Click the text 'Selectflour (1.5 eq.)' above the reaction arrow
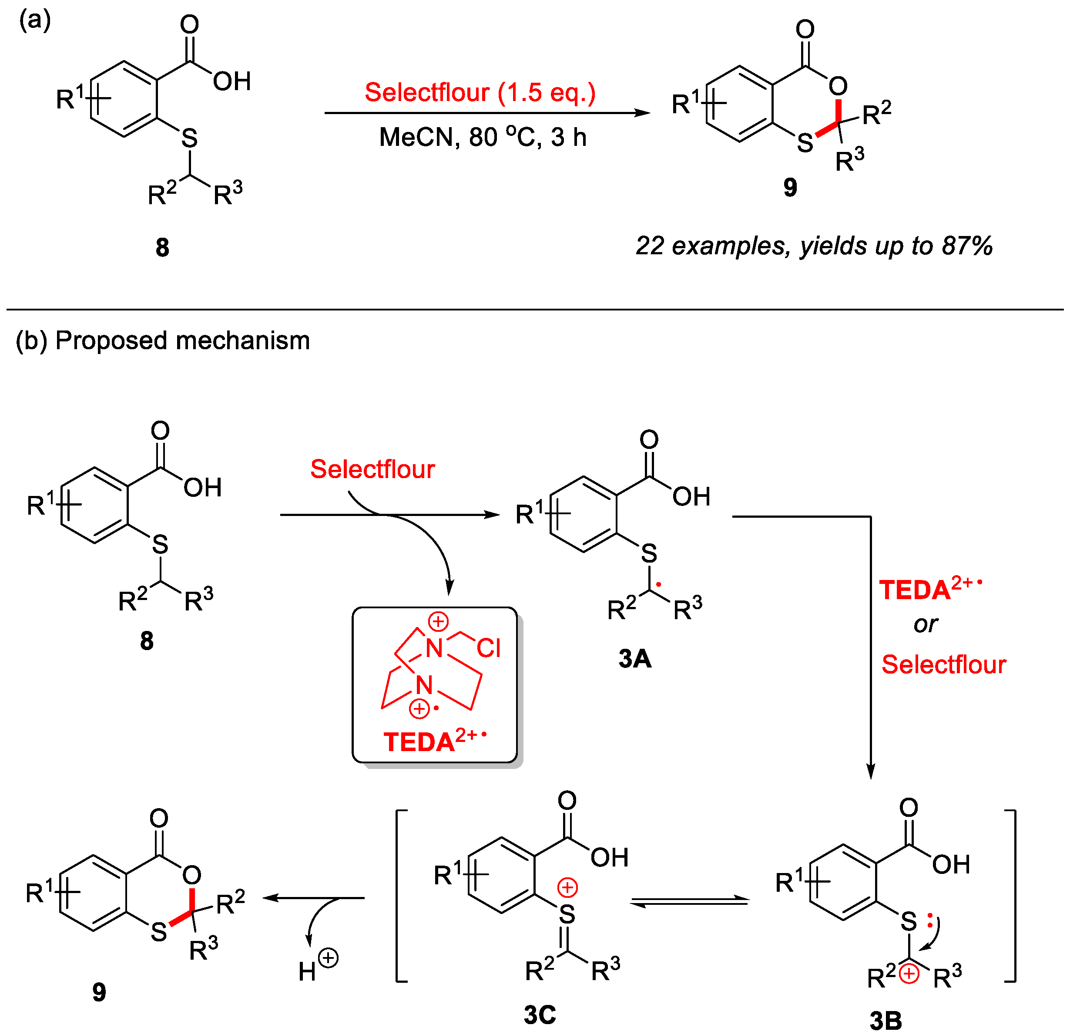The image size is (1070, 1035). (x=480, y=92)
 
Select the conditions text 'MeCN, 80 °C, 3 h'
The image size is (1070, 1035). (x=483, y=137)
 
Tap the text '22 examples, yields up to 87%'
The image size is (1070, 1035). (x=813, y=246)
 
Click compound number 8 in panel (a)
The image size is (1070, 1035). (x=162, y=247)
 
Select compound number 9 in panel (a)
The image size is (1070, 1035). (x=790, y=187)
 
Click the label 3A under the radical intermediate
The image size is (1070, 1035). (x=635, y=659)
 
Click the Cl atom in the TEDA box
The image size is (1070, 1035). (x=489, y=648)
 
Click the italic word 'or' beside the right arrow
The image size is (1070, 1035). (x=926, y=624)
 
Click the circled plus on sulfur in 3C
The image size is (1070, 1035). (x=568, y=887)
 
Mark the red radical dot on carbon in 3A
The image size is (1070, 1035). (x=659, y=585)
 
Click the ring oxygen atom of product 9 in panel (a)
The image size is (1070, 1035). (x=838, y=86)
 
